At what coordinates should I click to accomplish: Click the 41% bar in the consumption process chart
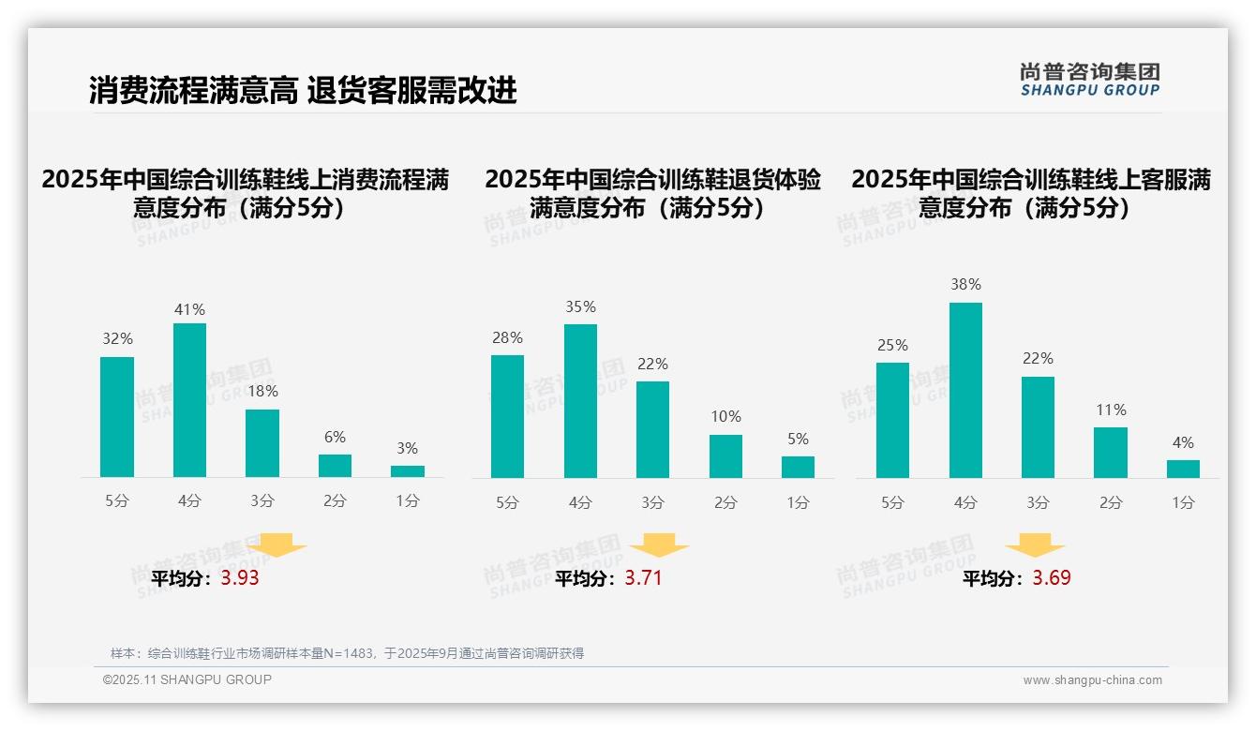[x=189, y=400]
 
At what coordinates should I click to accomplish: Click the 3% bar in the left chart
[x=408, y=471]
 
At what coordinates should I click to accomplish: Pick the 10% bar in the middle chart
[x=725, y=456]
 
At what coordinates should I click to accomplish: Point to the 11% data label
[x=1111, y=410]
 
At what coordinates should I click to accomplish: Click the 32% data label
[x=117, y=339]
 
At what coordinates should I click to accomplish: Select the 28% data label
[x=507, y=338]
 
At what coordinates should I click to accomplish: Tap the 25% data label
[x=892, y=346]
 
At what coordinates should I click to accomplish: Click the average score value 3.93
[x=240, y=578]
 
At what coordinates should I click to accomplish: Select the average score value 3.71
[x=643, y=578]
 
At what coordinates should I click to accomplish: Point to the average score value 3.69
[x=1052, y=578]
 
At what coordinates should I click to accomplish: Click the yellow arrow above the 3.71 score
[x=659, y=545]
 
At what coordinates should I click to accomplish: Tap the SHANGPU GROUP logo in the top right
[x=1090, y=80]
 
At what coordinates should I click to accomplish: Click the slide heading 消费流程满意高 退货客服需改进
[x=303, y=90]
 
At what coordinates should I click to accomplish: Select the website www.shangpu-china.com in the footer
[x=1092, y=680]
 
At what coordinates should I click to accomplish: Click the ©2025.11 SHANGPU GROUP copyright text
[x=187, y=679]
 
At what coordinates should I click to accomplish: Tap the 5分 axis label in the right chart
[x=892, y=503]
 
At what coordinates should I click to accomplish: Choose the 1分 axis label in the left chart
[x=408, y=501]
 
